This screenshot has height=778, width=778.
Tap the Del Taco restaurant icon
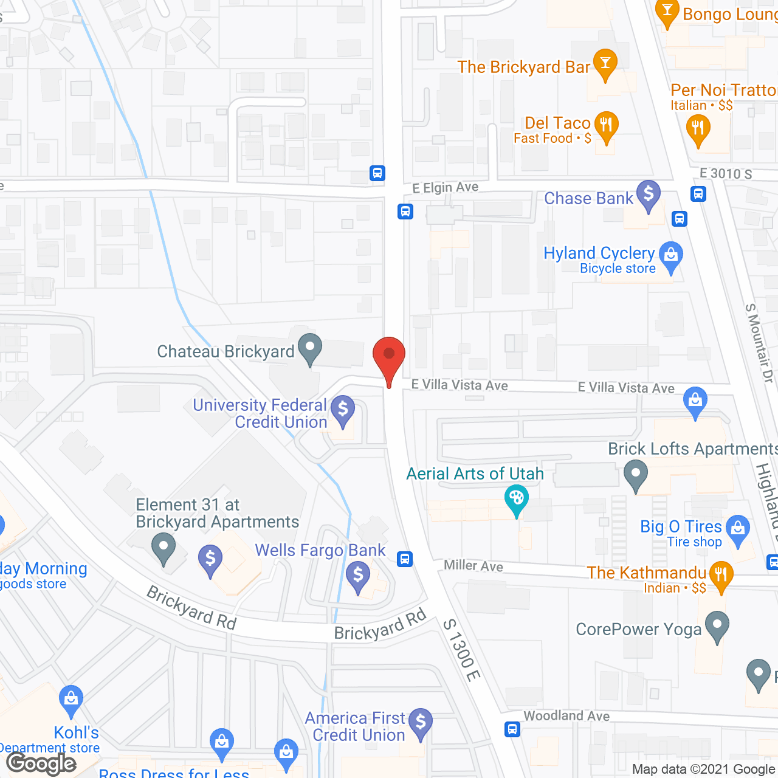606,126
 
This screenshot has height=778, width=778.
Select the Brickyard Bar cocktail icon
605,64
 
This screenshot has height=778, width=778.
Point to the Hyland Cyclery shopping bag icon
671,256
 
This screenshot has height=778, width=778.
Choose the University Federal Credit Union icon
343,411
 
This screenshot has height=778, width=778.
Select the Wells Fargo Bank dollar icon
358,576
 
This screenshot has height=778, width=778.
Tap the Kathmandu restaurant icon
721,576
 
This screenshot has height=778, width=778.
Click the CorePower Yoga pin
718,626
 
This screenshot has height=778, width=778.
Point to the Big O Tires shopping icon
738,530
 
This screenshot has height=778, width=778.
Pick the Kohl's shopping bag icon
71,701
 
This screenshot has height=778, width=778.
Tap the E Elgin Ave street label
445,188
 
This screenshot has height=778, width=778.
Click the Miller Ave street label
473,566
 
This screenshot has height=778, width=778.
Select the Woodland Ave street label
566,716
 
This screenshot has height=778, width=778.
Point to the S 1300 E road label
462,650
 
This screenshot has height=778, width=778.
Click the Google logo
41,763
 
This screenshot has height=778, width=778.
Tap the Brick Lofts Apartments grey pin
636,475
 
